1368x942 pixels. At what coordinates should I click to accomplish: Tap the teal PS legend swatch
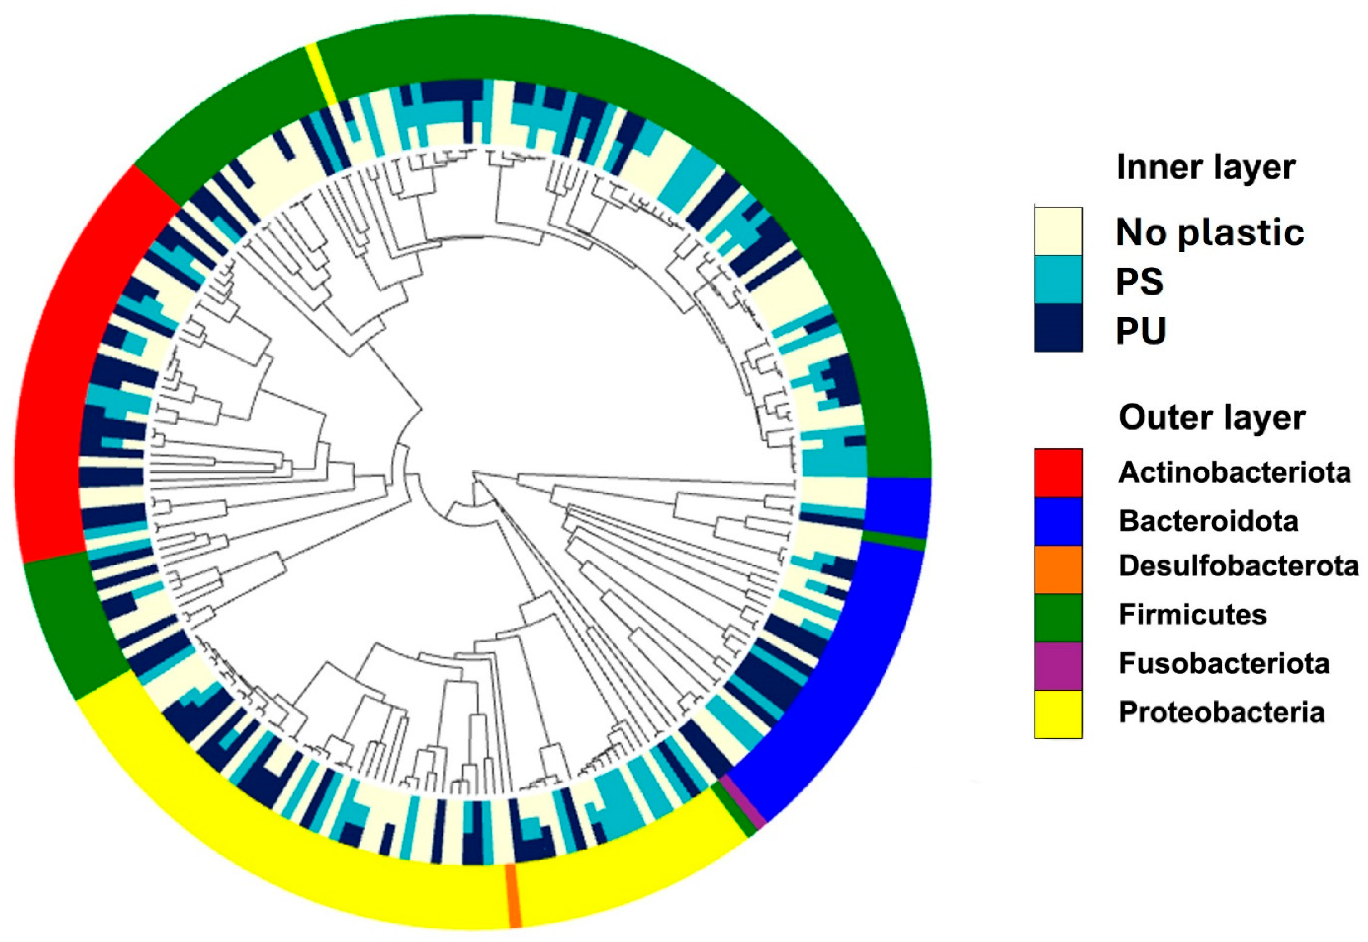tap(1058, 279)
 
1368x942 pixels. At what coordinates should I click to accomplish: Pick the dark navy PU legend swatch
tap(1058, 328)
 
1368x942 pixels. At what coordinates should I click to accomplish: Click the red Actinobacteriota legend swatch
tap(1058, 472)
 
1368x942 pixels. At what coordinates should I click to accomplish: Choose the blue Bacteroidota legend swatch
tap(1058, 521)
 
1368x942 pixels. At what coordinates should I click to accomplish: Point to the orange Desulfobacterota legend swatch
tap(1058, 569)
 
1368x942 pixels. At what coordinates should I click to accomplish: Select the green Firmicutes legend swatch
tap(1058, 618)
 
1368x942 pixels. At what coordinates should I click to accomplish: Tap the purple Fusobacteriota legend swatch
tap(1058, 666)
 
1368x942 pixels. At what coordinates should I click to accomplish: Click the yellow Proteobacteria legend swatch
tap(1058, 714)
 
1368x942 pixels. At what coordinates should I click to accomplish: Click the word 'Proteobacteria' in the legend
tap(1222, 712)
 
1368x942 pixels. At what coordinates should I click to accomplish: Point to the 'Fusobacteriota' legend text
tap(1224, 663)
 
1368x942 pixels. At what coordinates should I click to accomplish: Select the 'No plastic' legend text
tap(1210, 232)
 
